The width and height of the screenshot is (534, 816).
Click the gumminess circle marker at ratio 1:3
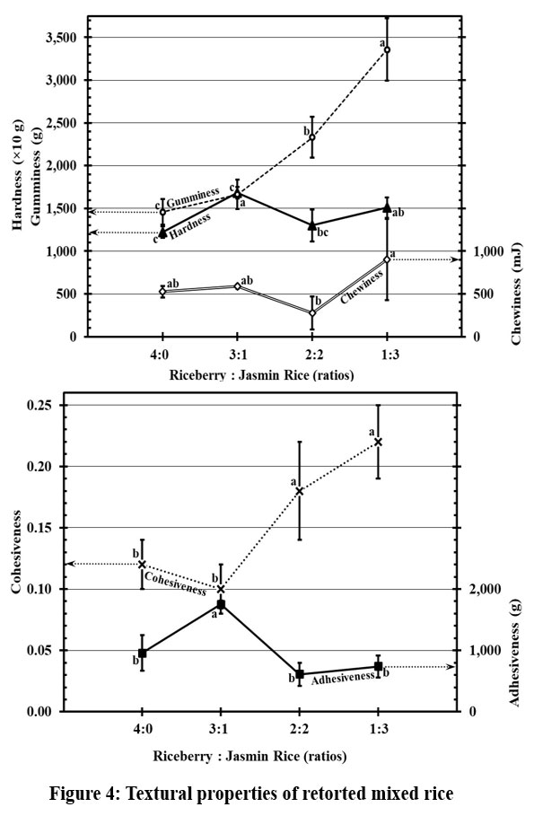click(x=387, y=49)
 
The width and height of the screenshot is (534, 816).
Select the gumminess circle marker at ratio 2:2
click(x=312, y=136)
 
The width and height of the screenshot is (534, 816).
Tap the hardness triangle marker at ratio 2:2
click(x=312, y=225)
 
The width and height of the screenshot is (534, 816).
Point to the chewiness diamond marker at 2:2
click(x=312, y=312)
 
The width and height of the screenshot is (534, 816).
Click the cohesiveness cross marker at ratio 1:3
click(x=379, y=442)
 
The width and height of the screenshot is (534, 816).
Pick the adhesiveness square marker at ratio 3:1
click(x=221, y=604)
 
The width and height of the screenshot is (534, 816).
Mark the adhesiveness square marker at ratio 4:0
click(x=142, y=654)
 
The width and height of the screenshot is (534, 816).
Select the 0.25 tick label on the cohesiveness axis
click(x=40, y=406)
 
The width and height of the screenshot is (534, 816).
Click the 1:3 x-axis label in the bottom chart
click(x=379, y=729)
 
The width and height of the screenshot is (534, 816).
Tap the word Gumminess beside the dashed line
click(x=193, y=197)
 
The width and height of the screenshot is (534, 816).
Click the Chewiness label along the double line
click(x=362, y=287)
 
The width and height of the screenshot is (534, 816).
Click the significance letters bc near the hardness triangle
click(x=323, y=233)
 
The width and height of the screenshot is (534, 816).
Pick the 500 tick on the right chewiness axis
click(x=484, y=294)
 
